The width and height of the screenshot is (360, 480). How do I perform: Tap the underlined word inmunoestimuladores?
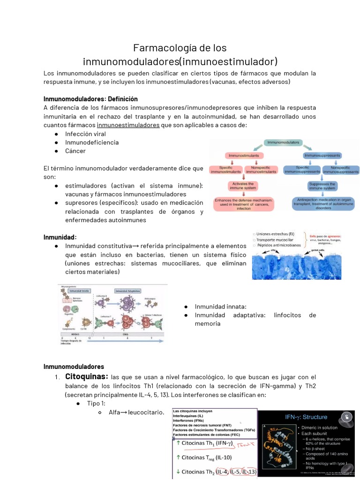pos(128,125)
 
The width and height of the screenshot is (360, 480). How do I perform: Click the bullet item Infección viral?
pos(85,134)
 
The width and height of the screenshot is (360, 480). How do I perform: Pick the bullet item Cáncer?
pos(75,151)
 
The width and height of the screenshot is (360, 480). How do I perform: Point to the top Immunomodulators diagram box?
pos(285,142)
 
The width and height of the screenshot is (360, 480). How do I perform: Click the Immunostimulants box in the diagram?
pos(244,155)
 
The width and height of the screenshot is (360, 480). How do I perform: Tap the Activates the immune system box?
pos(243,186)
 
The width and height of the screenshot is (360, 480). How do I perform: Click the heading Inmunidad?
pos(60,237)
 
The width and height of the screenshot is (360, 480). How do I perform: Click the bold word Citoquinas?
pos(87,376)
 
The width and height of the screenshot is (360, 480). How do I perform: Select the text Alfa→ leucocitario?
pos(136,412)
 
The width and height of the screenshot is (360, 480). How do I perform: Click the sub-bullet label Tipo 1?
pos(96,404)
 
